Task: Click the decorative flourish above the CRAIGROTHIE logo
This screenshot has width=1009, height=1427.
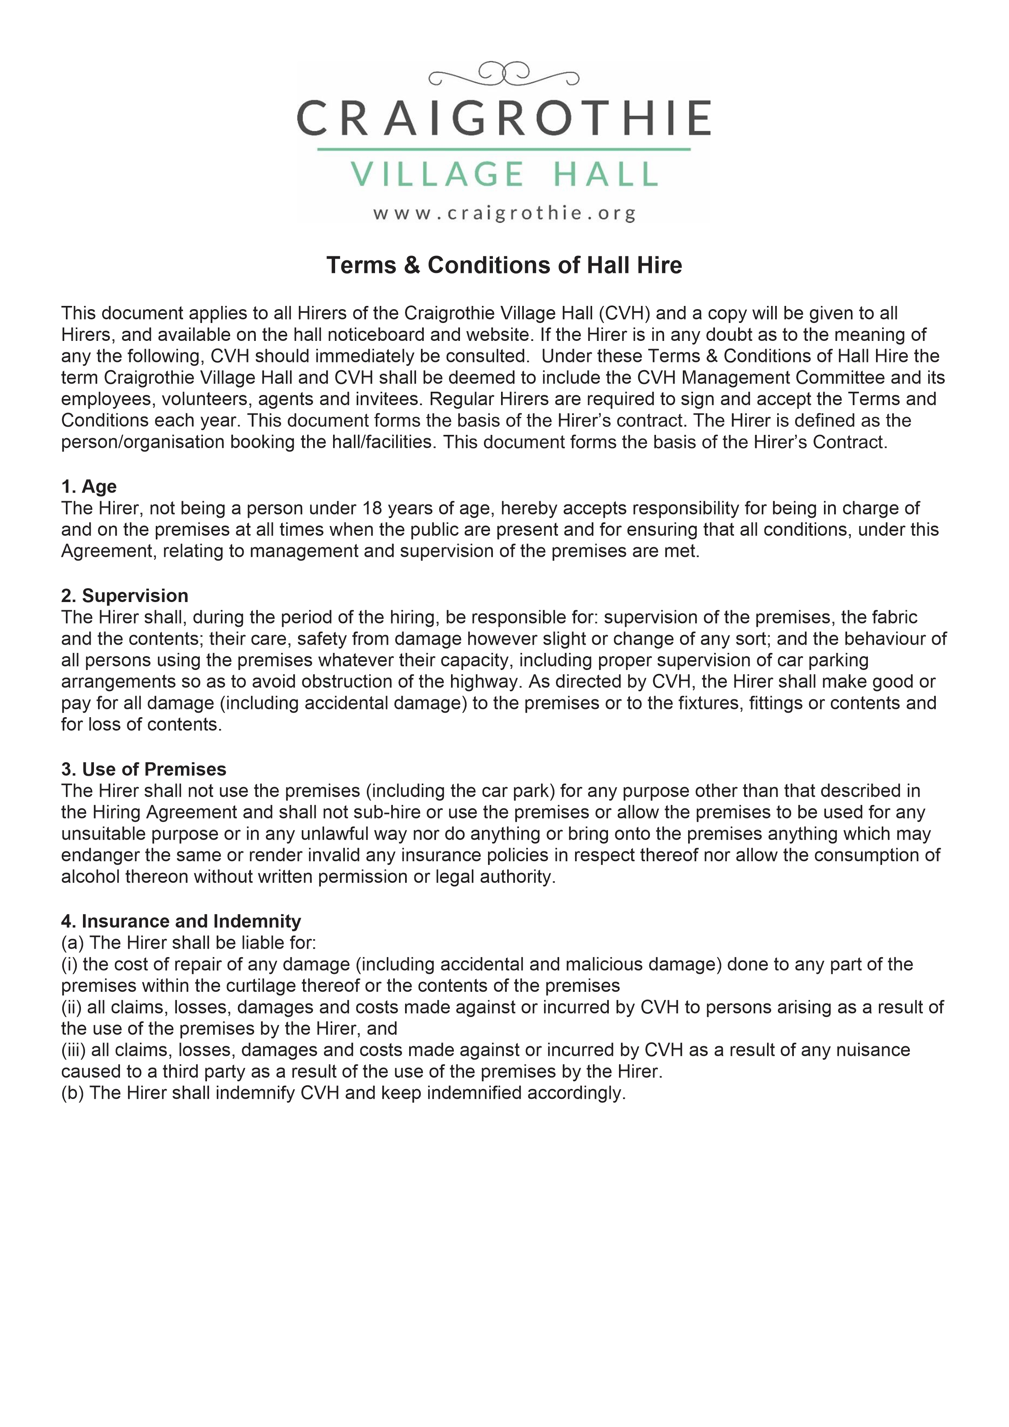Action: coord(504,74)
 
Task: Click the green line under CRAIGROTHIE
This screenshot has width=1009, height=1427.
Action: coord(504,149)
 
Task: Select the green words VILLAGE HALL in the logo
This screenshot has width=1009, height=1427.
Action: coord(504,174)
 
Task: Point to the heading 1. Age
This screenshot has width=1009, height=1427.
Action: coord(89,486)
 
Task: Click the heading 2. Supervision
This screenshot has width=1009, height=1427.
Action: coord(124,596)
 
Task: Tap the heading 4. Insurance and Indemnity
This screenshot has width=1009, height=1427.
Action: coord(181,921)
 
